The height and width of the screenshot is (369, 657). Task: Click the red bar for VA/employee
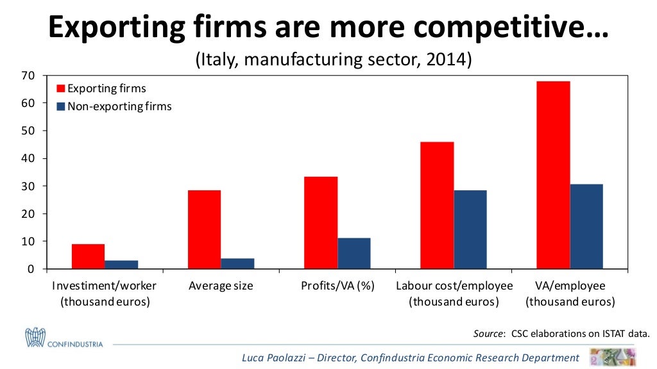(553, 175)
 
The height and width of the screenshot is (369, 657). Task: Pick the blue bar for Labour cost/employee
(470, 229)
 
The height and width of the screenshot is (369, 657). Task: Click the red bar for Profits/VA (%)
(321, 222)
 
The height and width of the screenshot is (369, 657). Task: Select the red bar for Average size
(205, 229)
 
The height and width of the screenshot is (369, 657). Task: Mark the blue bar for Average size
(237, 263)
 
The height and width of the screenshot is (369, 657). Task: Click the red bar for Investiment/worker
(89, 256)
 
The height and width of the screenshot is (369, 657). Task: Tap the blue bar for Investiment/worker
(121, 265)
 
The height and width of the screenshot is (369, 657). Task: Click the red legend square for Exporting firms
(62, 89)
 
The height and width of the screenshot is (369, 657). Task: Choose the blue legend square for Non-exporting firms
(62, 106)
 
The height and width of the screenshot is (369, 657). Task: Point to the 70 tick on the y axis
(28, 76)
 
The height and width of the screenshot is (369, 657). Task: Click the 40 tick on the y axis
(28, 158)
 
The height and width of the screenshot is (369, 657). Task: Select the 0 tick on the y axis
(31, 269)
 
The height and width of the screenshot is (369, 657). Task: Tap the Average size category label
(221, 286)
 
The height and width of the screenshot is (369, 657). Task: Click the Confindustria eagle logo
(35, 337)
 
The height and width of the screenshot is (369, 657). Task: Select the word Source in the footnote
(486, 333)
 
